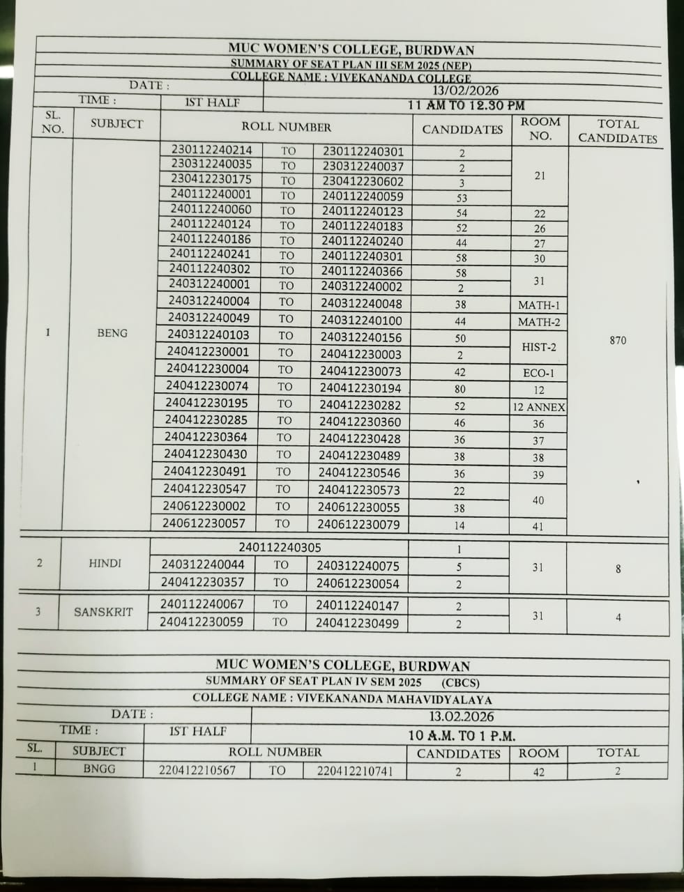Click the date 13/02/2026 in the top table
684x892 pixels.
[465, 91]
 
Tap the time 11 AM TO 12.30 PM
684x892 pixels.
[466, 105]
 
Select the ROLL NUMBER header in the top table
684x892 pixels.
[286, 127]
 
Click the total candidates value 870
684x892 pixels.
[618, 340]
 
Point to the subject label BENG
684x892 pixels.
[112, 333]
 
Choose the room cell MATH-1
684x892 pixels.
[539, 305]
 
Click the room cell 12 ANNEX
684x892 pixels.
[539, 407]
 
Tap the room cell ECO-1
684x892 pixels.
[539, 373]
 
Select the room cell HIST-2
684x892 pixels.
[539, 347]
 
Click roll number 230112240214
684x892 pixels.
[212, 150]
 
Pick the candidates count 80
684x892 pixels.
[460, 390]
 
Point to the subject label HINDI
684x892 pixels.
[105, 563]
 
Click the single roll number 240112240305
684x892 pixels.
[280, 548]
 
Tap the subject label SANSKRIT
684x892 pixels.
[103, 612]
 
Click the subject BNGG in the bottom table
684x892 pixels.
[99, 769]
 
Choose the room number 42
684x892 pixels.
[539, 772]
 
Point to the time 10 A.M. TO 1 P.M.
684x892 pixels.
[462, 735]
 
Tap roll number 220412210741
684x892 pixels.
[354, 771]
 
